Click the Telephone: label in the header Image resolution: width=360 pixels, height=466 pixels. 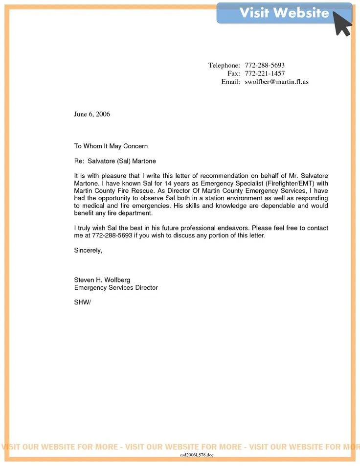coord(224,65)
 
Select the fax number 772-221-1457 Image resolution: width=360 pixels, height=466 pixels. coord(265,73)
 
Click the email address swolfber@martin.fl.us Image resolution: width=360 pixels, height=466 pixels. coord(276,82)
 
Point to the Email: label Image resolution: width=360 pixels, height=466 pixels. coord(230,82)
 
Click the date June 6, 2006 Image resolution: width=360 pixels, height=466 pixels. coord(92,114)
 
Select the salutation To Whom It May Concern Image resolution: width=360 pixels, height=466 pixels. coord(111,146)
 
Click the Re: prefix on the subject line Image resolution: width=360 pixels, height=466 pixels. coord(79,161)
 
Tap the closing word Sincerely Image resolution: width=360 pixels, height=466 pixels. coord(88,250)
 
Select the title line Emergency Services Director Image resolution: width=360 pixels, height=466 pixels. coord(116,288)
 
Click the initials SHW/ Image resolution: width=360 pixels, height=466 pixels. coord(83,302)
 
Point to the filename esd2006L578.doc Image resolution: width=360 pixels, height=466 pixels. coord(197,455)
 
